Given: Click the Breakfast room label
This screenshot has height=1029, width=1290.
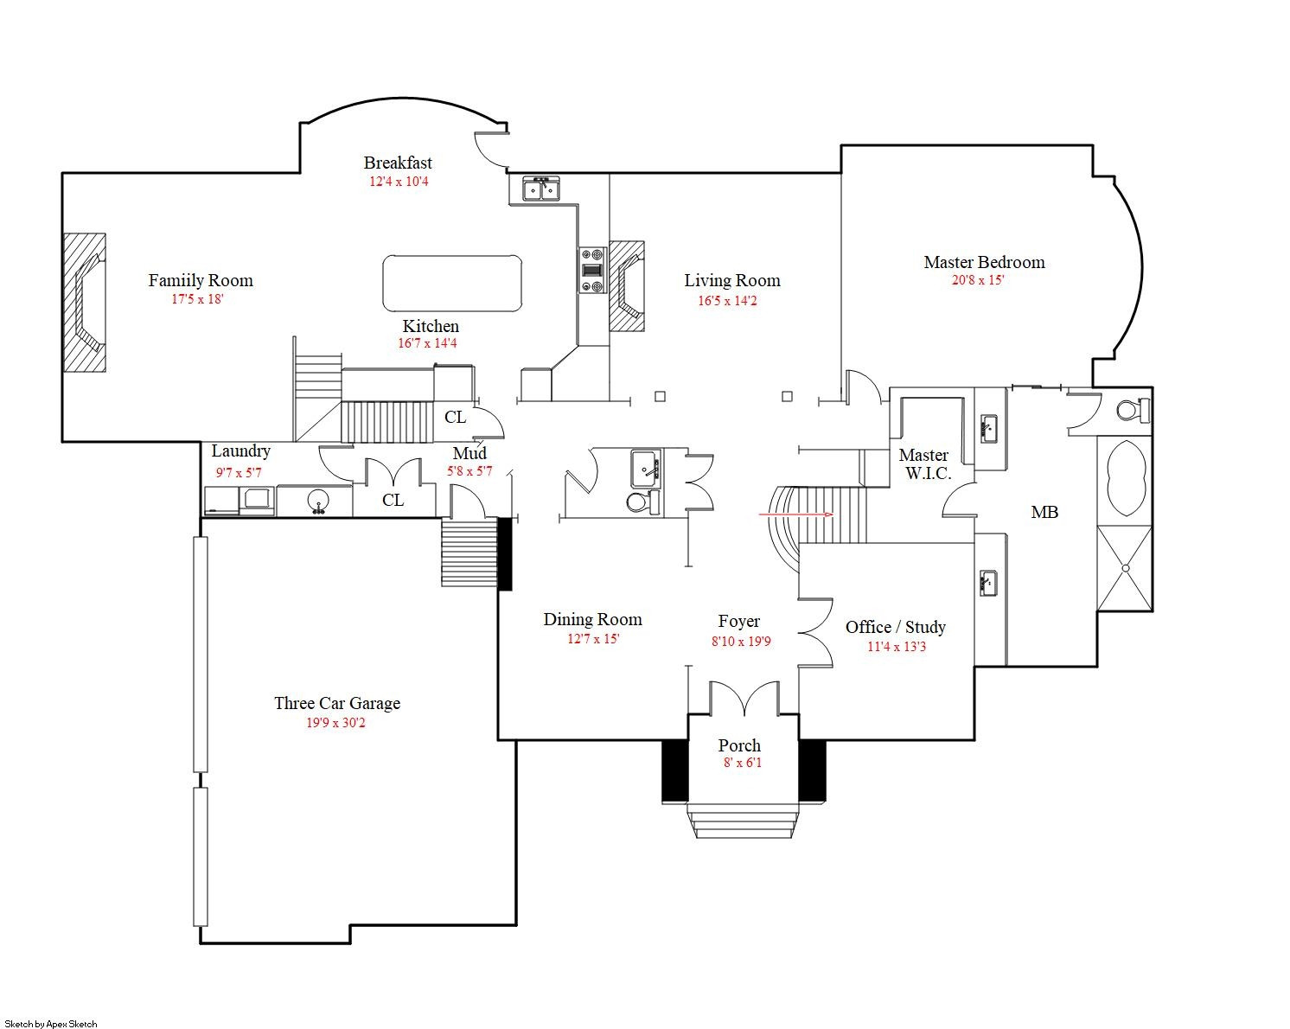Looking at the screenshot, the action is (398, 163).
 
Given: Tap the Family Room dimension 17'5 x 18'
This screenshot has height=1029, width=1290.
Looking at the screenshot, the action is (197, 298).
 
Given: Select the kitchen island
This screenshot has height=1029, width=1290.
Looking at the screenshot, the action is (452, 283).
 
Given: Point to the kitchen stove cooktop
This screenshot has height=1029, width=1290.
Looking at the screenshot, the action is (592, 271).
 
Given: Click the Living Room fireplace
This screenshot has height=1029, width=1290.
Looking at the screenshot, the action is (627, 286).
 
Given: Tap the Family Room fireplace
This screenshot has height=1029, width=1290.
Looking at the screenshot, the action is (85, 303).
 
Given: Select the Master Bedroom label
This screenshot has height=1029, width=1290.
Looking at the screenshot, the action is (984, 262).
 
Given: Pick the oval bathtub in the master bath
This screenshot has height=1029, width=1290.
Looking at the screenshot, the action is (1125, 478).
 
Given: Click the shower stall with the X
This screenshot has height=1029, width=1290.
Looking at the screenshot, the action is (1125, 568).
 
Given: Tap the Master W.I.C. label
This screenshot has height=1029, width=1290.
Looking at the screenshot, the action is (924, 464).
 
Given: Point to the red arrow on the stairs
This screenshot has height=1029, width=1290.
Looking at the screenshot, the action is (796, 514).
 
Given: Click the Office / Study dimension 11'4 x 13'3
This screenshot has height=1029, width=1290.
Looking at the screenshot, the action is (896, 647).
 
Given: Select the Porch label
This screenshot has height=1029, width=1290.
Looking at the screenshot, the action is (739, 745).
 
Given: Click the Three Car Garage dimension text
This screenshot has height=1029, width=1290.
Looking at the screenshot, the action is (335, 723).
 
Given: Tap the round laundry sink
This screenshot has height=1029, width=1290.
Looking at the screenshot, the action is (317, 501).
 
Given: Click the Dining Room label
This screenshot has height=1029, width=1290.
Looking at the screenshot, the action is (592, 619).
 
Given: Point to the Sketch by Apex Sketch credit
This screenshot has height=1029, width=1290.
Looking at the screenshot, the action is (51, 1024).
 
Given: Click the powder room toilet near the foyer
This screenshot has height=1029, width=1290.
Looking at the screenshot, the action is (642, 502).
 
